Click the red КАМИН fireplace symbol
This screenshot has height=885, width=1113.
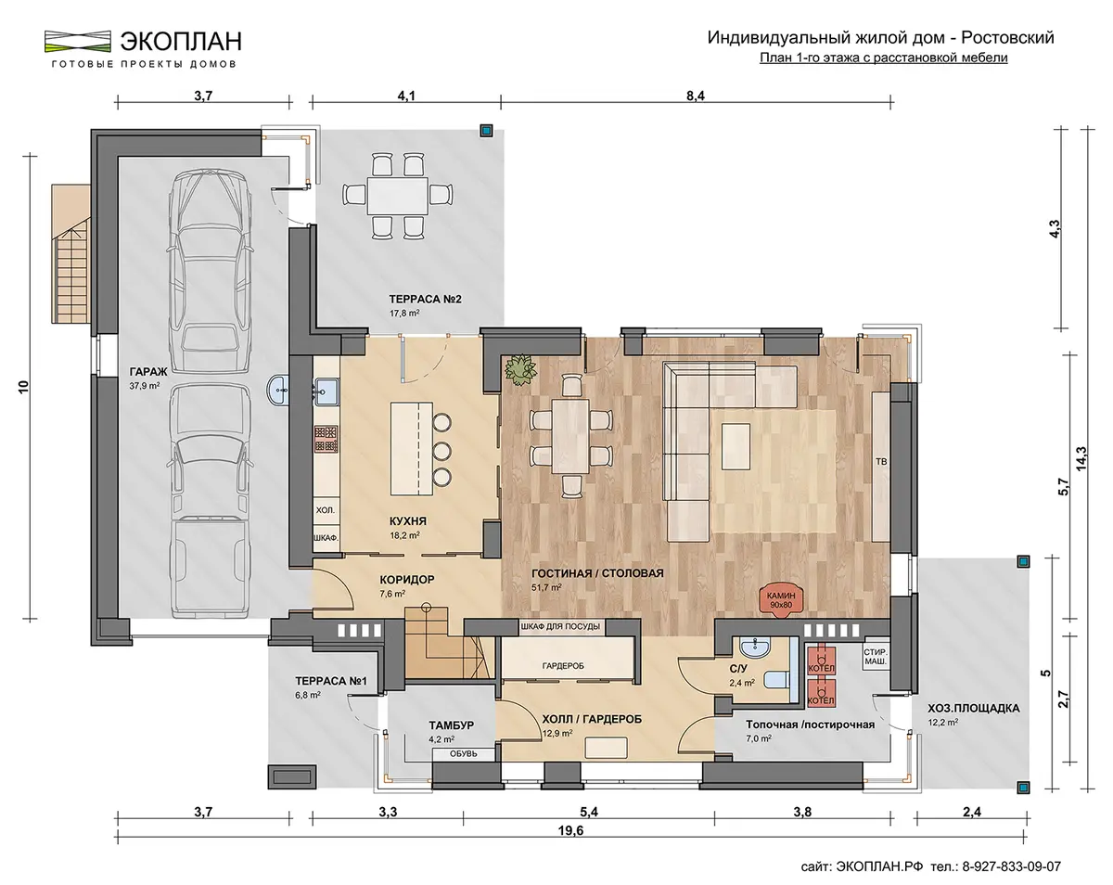pos(781,599)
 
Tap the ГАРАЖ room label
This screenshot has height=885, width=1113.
pos(148,372)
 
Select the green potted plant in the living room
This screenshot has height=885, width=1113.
pos(520,369)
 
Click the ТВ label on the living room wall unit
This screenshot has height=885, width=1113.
pos(881,461)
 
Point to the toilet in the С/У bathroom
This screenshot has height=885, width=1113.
pos(777,679)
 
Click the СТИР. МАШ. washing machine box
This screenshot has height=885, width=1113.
pos(875,657)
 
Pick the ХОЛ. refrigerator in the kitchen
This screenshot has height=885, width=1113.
pos(326,510)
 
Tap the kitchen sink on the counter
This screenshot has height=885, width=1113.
pos(326,391)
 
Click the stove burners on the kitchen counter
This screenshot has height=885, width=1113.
pos(326,439)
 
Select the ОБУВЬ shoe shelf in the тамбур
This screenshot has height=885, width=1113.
pos(464,753)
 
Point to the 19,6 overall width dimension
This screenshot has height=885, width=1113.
pos(571,830)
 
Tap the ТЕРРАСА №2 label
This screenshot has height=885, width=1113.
pos(425,299)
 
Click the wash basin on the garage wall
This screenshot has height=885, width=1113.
pos(277,391)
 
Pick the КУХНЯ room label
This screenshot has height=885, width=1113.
pos(408,520)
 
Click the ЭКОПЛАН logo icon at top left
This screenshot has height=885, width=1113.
pos(78,42)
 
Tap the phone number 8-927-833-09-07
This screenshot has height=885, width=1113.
pos(1012,866)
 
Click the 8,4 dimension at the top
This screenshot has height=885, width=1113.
pos(696,96)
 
